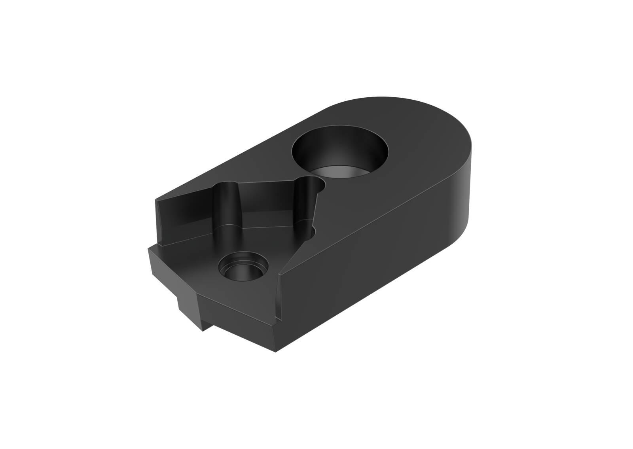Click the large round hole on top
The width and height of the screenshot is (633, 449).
[340, 152]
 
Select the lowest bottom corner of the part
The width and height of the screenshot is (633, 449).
[276, 351]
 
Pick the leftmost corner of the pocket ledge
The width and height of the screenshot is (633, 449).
[150, 249]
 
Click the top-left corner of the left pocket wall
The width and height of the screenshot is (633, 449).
[156, 200]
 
